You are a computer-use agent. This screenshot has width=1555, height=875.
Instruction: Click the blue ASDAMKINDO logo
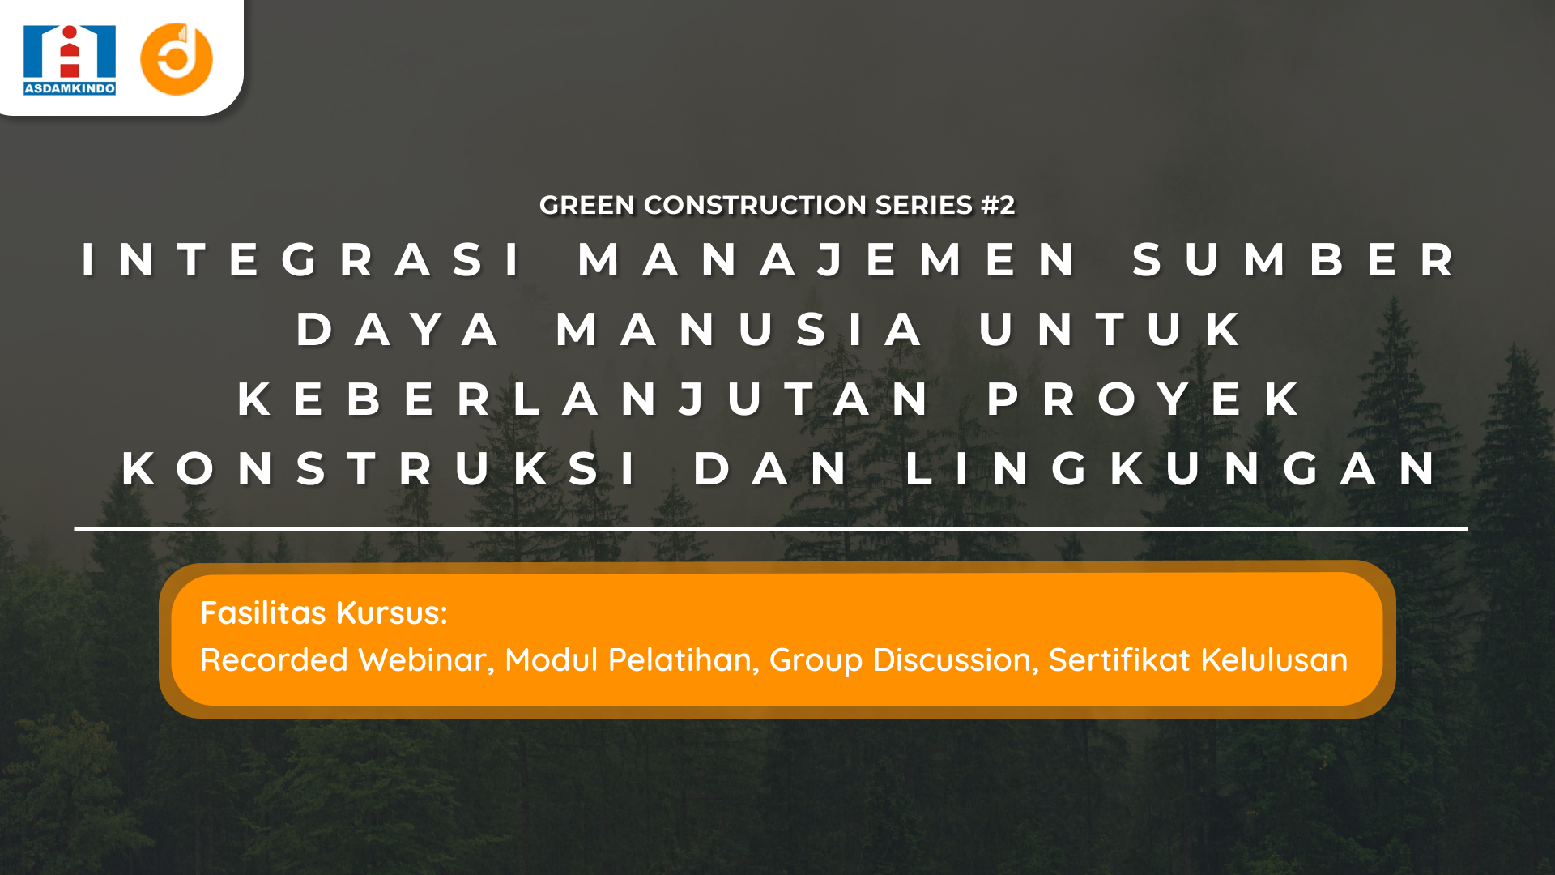click(x=70, y=60)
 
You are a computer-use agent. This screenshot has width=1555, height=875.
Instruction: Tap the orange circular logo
click(x=177, y=59)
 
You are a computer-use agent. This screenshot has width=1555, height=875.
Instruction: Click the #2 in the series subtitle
click(x=997, y=205)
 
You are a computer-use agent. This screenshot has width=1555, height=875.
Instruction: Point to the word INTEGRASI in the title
click(x=302, y=260)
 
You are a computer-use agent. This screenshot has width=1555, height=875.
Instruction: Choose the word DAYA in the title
click(x=398, y=330)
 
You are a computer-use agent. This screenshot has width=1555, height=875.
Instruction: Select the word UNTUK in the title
click(x=1110, y=330)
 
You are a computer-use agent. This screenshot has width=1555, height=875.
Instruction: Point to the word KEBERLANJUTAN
click(x=585, y=399)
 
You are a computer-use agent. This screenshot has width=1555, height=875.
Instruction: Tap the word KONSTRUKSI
click(x=379, y=469)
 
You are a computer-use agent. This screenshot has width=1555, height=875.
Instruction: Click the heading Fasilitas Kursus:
click(x=324, y=613)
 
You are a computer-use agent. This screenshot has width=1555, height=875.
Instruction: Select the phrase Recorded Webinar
click(x=347, y=660)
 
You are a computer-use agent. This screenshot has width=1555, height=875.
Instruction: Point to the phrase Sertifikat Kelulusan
click(x=1198, y=660)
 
